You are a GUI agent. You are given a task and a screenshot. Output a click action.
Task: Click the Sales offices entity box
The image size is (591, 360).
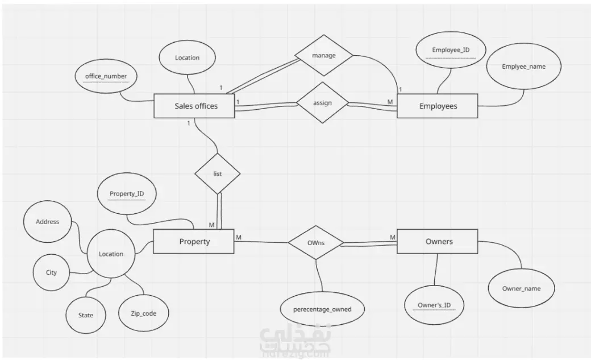(x=194, y=106)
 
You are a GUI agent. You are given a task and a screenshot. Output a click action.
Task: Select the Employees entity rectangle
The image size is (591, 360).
(x=438, y=106)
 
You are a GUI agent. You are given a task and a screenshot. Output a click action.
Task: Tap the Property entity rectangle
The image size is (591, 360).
(x=194, y=242)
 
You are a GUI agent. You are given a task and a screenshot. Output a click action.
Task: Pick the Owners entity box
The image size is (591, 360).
(x=438, y=242)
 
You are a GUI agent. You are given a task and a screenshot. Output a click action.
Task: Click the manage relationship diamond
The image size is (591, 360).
(x=324, y=56)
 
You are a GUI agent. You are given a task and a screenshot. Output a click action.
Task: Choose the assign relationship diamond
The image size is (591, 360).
(x=323, y=102)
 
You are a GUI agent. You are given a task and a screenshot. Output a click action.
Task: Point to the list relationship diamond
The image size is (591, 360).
(x=218, y=173)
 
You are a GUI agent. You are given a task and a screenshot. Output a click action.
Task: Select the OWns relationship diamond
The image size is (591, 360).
(x=316, y=243)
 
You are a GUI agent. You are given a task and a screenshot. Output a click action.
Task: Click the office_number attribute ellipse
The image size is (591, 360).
(x=106, y=76)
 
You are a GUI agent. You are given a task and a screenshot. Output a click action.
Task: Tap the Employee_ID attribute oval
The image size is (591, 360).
(x=451, y=50)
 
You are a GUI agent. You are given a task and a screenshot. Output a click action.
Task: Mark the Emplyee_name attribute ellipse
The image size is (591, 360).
(x=524, y=67)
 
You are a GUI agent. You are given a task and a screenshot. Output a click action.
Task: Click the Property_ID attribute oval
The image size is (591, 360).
(x=127, y=194)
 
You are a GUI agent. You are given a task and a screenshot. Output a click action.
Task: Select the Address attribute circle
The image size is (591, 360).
(x=48, y=221)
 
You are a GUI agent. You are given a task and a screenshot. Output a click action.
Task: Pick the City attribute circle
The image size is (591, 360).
(x=51, y=272)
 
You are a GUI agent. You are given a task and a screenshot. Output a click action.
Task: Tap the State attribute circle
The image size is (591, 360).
(x=86, y=315)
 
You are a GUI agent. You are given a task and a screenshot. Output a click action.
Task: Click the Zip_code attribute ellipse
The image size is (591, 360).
(x=144, y=313)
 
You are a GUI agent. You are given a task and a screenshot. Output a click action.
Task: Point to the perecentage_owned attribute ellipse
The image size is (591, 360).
(x=322, y=309)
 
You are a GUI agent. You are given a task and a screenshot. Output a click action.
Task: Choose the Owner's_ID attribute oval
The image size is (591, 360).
(x=434, y=305)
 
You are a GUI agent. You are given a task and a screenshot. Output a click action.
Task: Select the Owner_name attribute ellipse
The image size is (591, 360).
(x=521, y=288)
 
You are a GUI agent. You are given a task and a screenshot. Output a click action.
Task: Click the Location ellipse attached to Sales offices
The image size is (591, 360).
(x=188, y=58)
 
